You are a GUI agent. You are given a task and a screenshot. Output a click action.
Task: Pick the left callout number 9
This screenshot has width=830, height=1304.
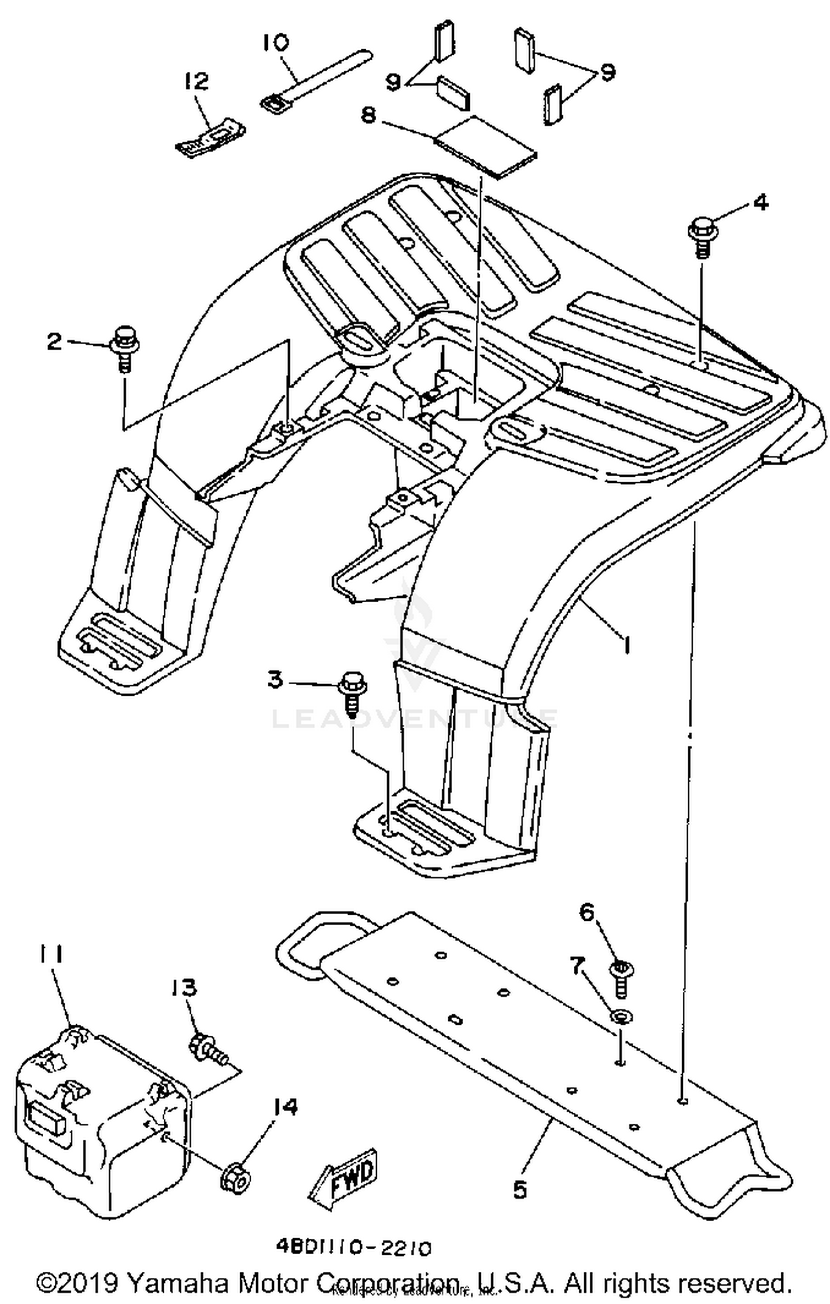[393, 82]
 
